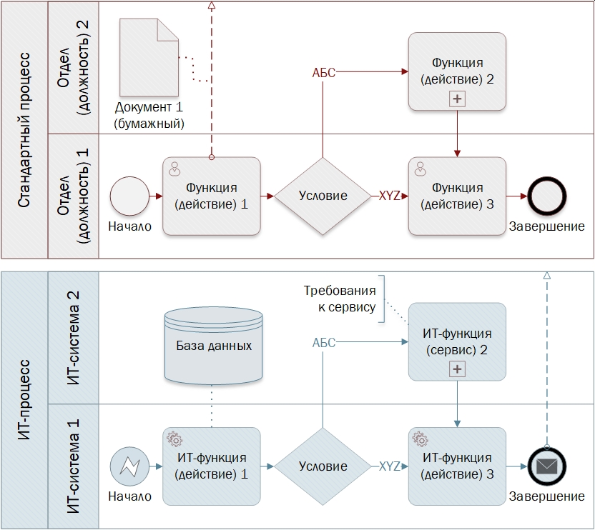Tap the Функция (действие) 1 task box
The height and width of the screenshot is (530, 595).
click(212, 196)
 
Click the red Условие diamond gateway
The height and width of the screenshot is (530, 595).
click(323, 196)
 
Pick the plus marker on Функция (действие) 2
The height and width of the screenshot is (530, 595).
click(457, 99)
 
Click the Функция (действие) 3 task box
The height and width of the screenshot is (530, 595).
click(457, 196)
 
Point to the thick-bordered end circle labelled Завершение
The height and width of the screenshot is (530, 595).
click(547, 195)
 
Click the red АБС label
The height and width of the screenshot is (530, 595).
click(324, 72)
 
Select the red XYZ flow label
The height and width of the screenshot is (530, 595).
click(390, 196)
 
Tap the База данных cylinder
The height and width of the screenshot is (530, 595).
click(213, 346)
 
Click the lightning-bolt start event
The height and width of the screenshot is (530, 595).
click(129, 466)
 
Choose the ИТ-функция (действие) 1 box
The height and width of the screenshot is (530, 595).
click(212, 466)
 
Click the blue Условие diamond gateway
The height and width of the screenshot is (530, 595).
click(323, 466)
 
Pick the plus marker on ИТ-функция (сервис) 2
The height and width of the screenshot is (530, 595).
click(457, 369)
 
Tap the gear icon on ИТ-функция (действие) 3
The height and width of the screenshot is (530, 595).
click(421, 439)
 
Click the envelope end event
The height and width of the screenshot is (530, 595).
click(547, 466)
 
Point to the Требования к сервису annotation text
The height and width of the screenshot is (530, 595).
click(339, 299)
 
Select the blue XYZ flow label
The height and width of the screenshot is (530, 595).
click(390, 466)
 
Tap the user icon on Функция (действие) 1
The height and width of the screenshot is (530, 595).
click(174, 169)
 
